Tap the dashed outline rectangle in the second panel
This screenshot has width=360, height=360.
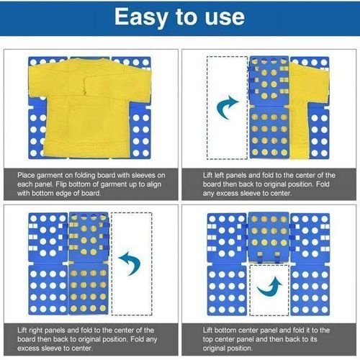click(227, 108)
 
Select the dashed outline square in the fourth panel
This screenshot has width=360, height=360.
click(269, 289)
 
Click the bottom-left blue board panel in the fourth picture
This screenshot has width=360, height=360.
click(226, 289)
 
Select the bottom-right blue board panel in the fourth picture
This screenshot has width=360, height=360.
click(310, 289)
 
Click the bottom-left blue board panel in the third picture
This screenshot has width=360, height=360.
click(47, 289)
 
